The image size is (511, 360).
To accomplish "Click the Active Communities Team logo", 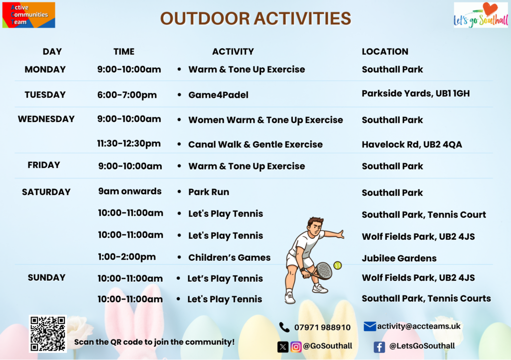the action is point(28,15).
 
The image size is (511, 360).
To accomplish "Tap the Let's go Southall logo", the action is point(481,15).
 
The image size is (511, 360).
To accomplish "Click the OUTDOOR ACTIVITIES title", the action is point(255,18).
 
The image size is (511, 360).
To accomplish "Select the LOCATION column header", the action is point(385,51).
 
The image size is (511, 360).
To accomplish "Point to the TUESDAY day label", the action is point(45,95).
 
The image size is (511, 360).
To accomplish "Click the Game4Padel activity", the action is point(219,95).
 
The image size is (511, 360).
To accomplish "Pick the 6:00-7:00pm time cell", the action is point(127,95).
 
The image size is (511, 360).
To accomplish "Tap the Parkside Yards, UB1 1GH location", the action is point(416,94).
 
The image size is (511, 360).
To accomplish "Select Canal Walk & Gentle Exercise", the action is point(255,145).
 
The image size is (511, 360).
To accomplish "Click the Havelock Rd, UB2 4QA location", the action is point(412,145).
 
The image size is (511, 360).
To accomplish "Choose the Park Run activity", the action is point(209,192).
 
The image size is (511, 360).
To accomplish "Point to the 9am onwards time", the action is point(130,191).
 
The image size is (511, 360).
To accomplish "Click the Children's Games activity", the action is point(230,257).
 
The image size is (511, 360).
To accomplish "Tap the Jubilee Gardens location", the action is point(399,258).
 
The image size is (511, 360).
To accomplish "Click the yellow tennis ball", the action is point(338,266).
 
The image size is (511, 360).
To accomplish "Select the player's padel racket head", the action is point(323,270).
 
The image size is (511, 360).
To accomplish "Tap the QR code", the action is point(47,334).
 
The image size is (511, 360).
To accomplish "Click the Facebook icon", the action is point(379,347).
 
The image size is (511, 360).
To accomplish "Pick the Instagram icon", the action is point(296,347).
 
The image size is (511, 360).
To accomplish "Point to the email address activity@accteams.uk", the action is point(419,326).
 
